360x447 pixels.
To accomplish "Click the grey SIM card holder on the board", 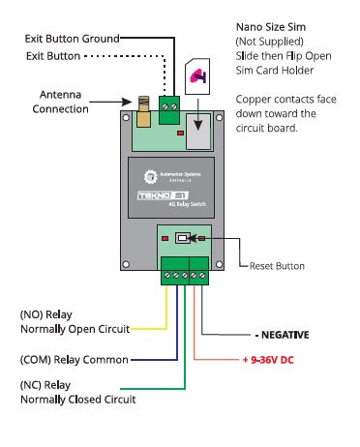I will (198, 130).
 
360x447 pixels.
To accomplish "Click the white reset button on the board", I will (181, 238).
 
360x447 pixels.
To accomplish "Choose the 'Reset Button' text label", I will (277, 265).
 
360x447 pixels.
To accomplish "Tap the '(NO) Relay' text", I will (45, 315).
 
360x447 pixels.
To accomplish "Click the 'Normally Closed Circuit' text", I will (77, 399).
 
